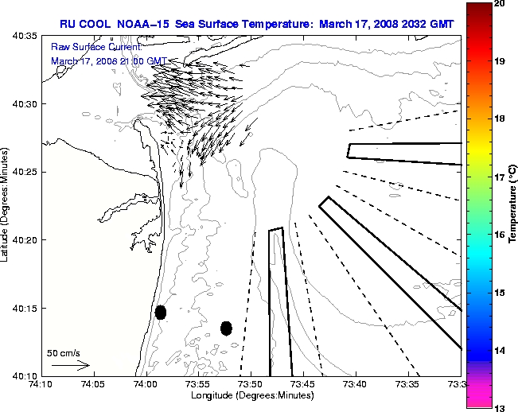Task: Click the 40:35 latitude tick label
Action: tap(26, 36)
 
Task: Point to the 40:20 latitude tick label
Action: tap(26, 239)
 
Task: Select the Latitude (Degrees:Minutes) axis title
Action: tap(6, 205)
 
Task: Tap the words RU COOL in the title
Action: tap(82, 24)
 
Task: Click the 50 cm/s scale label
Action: tap(64, 352)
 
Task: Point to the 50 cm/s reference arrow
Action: tap(70, 365)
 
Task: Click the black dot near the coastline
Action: tap(161, 312)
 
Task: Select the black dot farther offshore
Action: tap(226, 328)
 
